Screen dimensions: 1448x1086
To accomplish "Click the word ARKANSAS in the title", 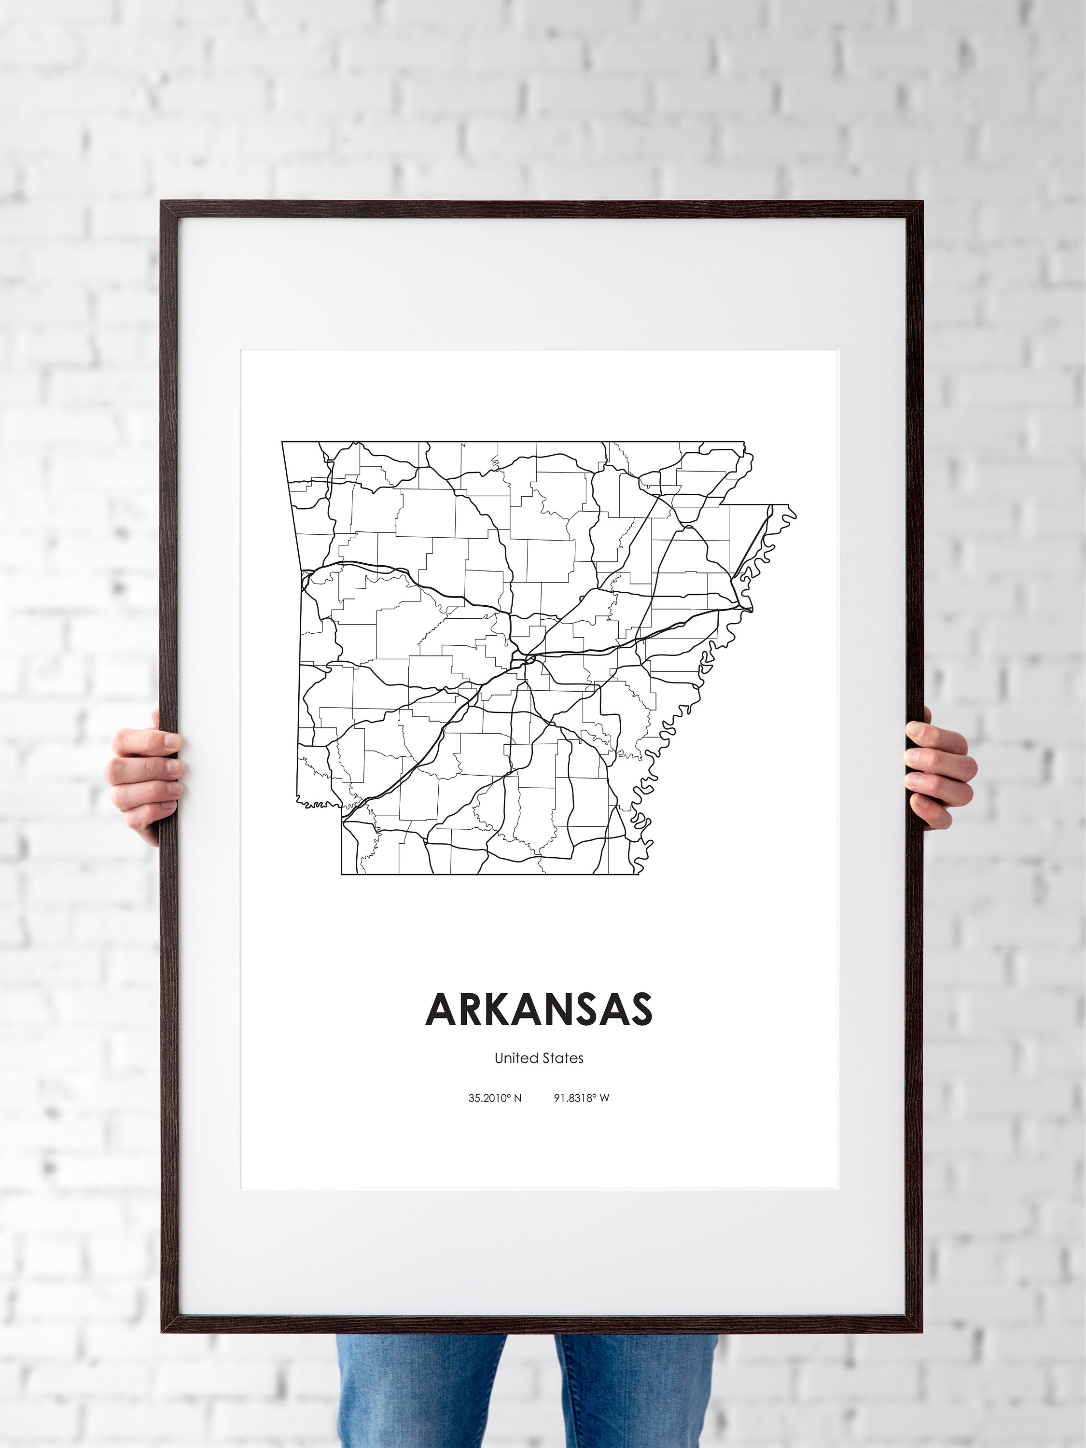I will pyautogui.click(x=539, y=1009).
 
